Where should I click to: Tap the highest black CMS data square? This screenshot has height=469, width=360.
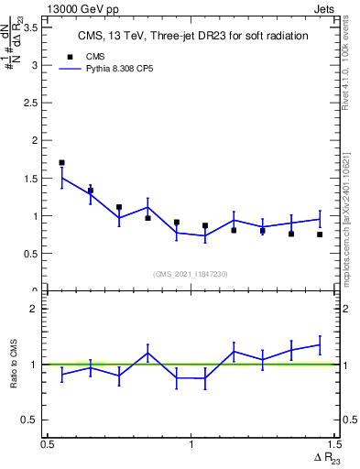pos(61,163)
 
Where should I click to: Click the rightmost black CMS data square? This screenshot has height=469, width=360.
pos(320,234)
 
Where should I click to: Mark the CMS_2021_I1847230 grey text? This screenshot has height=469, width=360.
pos(191,273)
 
